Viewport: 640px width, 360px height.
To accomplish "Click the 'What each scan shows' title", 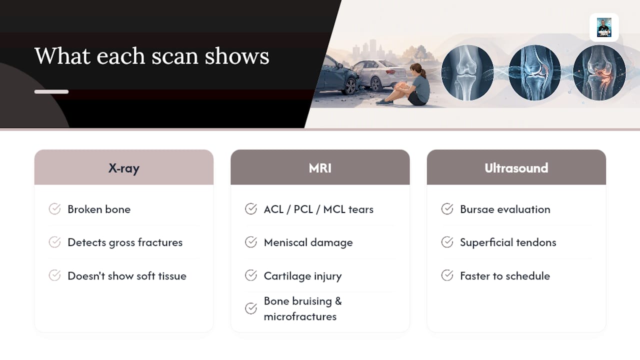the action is coord(151,56).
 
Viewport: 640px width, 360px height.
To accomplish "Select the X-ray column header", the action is coord(123,167).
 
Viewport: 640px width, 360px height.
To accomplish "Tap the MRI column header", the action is coord(320,167).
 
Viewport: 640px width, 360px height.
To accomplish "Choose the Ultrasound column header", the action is coord(516,167).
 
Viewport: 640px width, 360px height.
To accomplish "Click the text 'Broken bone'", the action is coord(99,209).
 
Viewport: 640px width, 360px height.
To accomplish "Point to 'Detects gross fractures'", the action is coord(125,242).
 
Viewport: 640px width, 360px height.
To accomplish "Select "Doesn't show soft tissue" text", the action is coord(127,276).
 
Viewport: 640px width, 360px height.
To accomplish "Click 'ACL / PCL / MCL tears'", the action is coord(318,209).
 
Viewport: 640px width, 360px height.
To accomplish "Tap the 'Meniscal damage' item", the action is coord(308,242).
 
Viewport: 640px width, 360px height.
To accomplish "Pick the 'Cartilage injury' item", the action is coord(302,276).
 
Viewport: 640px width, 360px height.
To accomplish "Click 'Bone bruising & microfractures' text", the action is coord(303,309).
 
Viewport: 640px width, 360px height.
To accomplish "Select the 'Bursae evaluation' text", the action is coord(505,209).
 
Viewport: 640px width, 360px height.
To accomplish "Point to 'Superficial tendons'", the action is coord(508,242).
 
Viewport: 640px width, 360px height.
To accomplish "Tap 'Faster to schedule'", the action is coord(505,276).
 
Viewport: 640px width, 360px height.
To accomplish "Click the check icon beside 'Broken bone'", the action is coord(54,209).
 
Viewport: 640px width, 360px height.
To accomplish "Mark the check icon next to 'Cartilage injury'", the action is coord(251,275).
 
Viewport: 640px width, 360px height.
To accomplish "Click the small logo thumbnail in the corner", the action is coord(604,27).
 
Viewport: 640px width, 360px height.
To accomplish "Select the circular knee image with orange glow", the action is coord(599,73).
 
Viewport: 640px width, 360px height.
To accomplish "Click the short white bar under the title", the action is coord(51,91).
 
